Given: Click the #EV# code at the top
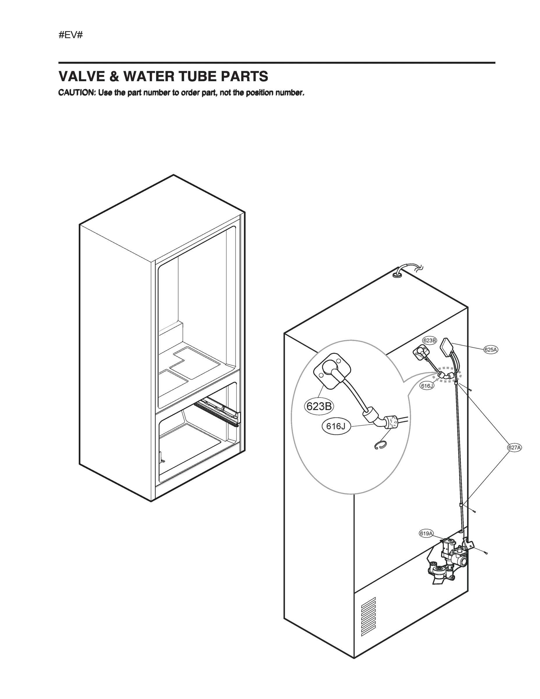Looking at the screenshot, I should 71,35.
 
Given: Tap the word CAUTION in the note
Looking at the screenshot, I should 77,93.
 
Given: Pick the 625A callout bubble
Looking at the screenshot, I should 491,350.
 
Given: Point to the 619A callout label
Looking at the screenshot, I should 426,534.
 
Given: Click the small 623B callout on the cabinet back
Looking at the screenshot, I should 429,340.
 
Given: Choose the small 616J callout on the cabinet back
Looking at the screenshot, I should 427,386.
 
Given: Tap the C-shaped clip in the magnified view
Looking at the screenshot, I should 380,446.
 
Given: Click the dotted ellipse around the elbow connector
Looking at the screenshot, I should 449,376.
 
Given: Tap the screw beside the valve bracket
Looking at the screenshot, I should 486,553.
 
